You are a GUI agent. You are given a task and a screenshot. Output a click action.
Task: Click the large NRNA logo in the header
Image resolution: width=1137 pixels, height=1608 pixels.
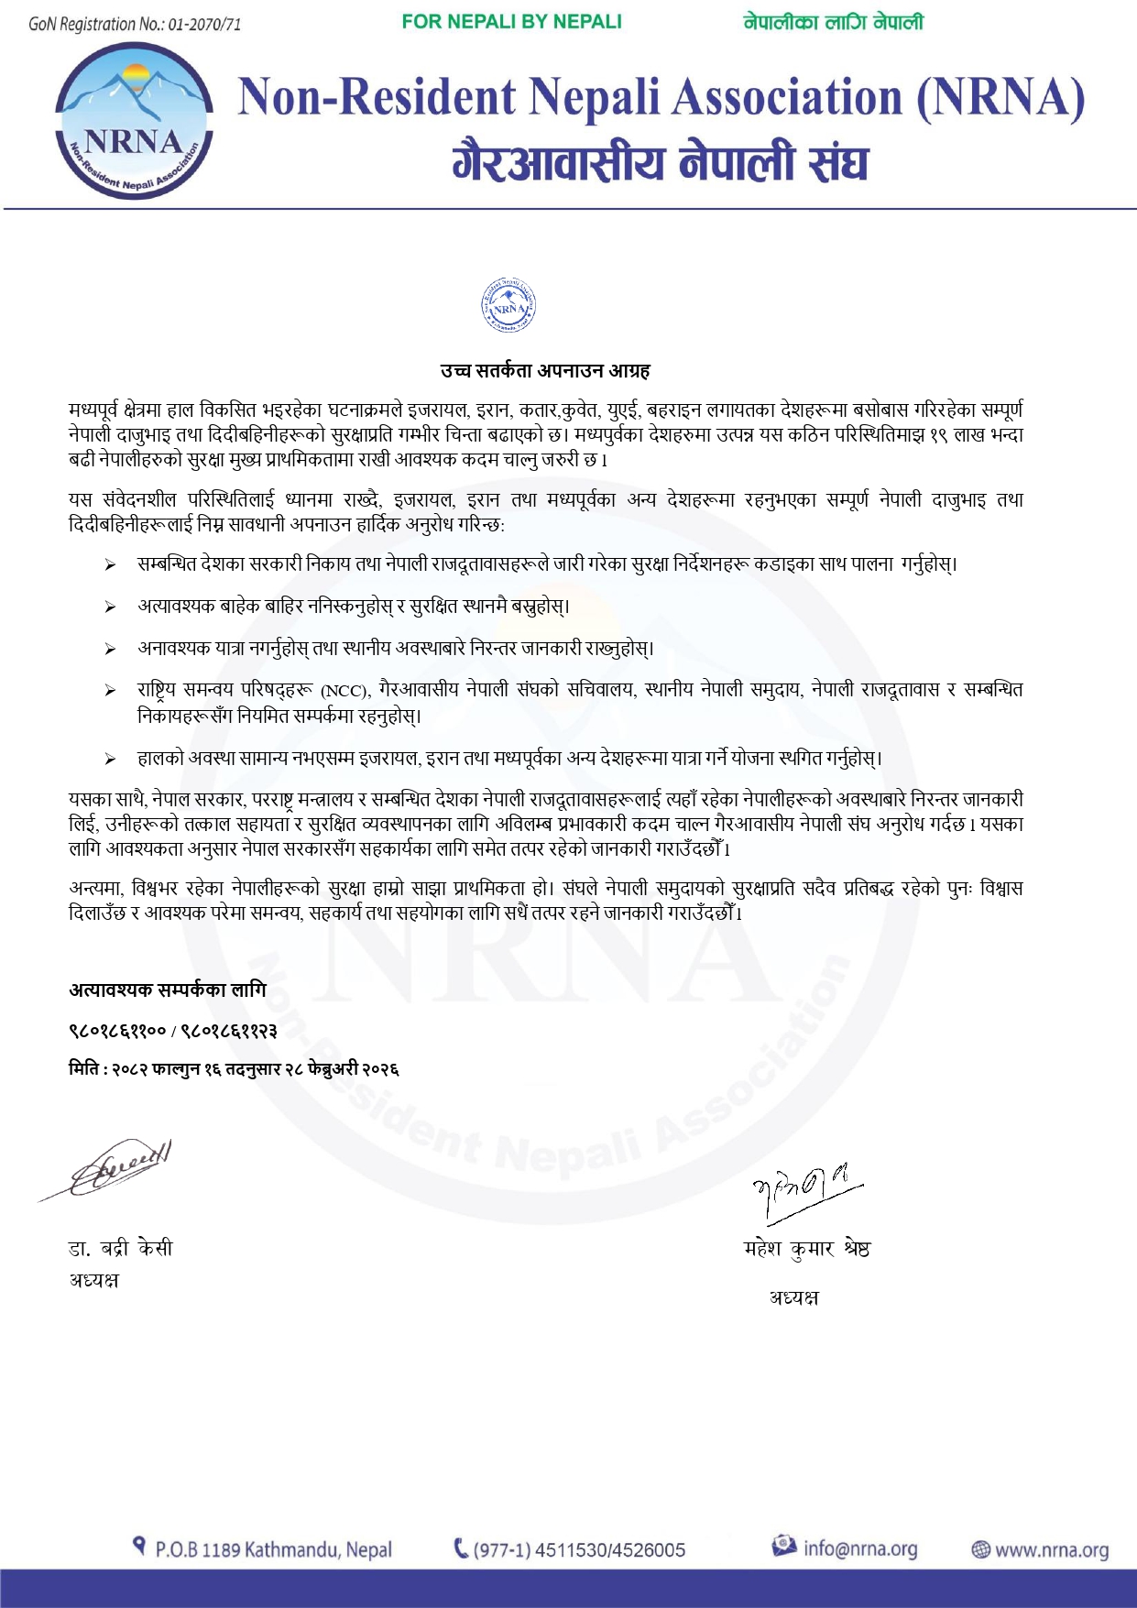click(135, 120)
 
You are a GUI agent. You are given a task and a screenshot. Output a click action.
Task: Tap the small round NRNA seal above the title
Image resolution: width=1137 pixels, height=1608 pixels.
click(508, 306)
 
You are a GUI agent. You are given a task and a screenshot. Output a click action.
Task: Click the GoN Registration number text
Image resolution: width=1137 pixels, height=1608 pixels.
click(135, 24)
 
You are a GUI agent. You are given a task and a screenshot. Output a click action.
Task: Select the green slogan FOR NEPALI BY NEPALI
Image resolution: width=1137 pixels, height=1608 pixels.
click(511, 22)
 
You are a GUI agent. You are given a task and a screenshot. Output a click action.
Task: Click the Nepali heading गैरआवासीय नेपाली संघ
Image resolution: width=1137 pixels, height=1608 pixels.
click(660, 163)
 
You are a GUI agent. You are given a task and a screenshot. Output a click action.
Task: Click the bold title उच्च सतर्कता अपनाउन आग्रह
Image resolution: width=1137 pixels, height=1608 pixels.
click(545, 371)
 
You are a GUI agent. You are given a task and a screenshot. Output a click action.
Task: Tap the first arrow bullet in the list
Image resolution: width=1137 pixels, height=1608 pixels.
click(110, 565)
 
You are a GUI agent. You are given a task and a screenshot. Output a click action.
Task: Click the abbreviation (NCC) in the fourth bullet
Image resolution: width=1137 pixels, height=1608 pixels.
click(345, 691)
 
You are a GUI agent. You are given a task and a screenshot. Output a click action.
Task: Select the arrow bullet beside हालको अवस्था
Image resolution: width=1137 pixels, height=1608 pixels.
click(110, 760)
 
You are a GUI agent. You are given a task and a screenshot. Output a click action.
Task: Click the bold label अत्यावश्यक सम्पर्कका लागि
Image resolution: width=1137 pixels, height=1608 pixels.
click(168, 990)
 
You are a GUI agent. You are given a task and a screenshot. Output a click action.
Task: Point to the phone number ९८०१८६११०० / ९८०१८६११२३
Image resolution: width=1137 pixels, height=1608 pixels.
click(173, 1031)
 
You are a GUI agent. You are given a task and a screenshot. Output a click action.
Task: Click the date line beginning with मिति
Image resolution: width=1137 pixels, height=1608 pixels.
click(234, 1069)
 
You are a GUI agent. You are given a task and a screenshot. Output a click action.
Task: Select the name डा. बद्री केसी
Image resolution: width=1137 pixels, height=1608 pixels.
click(120, 1248)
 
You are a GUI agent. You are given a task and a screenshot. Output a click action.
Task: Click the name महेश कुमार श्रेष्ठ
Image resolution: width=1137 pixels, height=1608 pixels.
click(806, 1248)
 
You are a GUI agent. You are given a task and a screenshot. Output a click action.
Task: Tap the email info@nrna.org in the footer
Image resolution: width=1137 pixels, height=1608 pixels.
click(859, 1548)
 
